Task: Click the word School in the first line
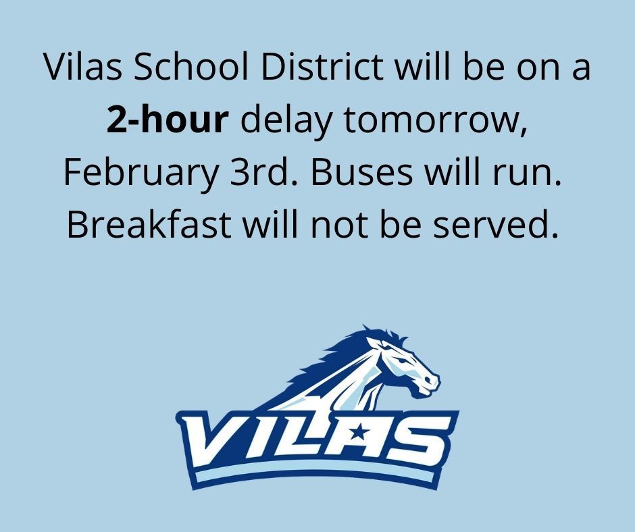click(x=190, y=66)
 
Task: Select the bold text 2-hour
click(x=168, y=119)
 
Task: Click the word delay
click(x=286, y=122)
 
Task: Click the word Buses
click(x=361, y=171)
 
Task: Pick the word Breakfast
click(x=149, y=223)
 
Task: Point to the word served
click(x=495, y=223)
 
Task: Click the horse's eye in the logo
click(x=401, y=360)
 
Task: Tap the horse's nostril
click(x=428, y=379)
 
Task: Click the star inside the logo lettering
click(x=357, y=433)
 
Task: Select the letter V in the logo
click(x=215, y=440)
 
